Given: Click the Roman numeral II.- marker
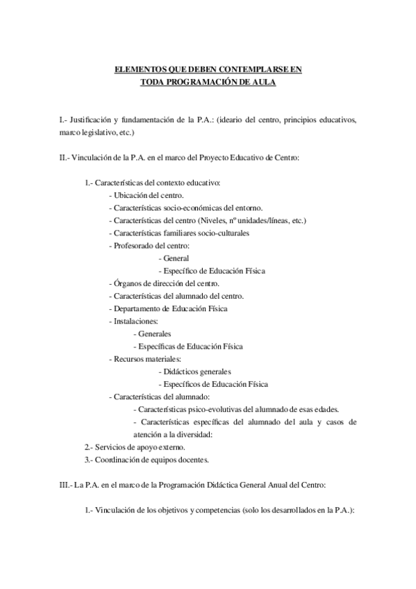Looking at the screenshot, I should (x=65, y=158).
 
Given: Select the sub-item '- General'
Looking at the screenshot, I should (x=174, y=258).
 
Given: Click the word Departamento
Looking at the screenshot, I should (x=138, y=308).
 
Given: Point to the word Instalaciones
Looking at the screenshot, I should (x=135, y=321).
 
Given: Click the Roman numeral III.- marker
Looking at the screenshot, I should (x=67, y=483).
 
